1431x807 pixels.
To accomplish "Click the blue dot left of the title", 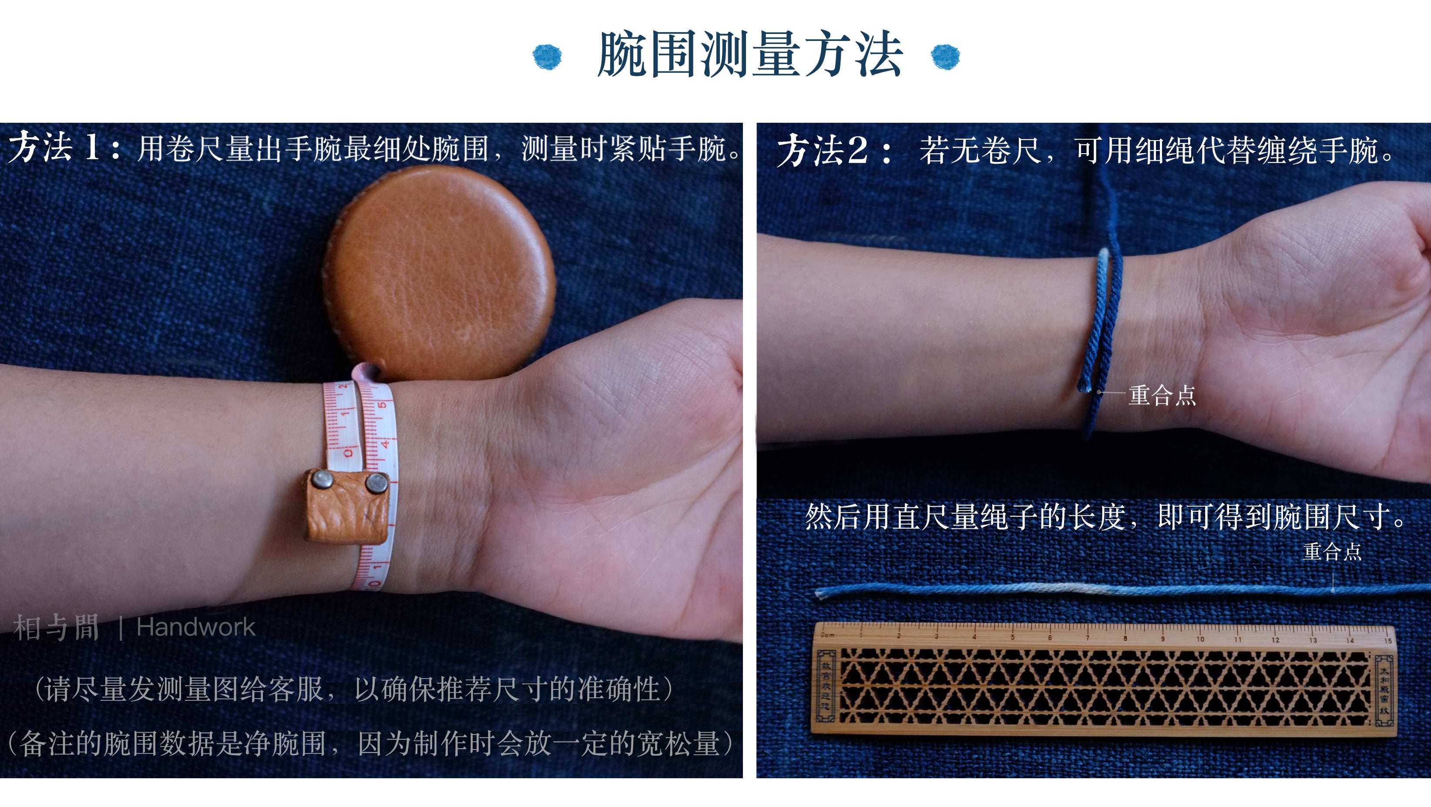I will pyautogui.click(x=547, y=56).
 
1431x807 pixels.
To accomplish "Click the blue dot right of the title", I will pyautogui.click(x=945, y=56).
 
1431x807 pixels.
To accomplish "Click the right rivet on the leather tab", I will pyautogui.click(x=376, y=483).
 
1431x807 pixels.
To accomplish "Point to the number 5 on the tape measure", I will pyautogui.click(x=382, y=405).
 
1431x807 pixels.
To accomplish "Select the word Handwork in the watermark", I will pyautogui.click(x=195, y=628).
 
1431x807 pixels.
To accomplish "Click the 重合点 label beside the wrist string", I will pyautogui.click(x=1162, y=395).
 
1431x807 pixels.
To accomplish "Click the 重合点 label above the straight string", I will pyautogui.click(x=1332, y=551).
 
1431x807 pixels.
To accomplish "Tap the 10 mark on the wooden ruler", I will pyautogui.click(x=1200, y=639).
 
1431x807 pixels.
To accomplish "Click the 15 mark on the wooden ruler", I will pyautogui.click(x=1387, y=640).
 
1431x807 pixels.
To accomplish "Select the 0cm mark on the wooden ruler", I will pyautogui.click(x=828, y=634).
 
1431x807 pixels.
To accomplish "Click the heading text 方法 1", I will pyautogui.click(x=54, y=148).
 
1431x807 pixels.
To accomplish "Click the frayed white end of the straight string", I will pyautogui.click(x=821, y=594).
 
